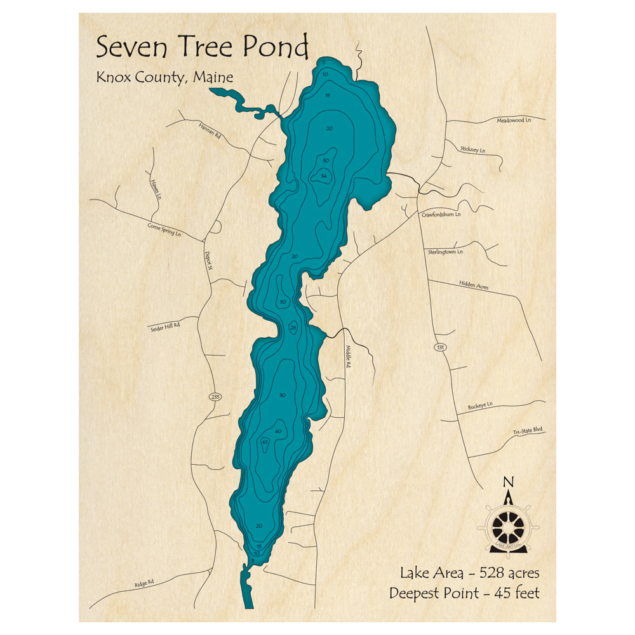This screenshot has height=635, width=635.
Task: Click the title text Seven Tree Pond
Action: (x=202, y=47)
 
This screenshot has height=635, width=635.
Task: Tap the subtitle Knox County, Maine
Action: (x=164, y=77)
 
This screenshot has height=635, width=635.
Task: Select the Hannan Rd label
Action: (x=208, y=131)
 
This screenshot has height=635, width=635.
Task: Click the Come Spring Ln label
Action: (x=164, y=230)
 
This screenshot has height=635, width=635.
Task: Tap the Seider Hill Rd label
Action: (x=165, y=326)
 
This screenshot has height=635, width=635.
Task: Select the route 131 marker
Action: (x=440, y=347)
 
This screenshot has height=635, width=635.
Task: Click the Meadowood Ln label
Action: (x=513, y=119)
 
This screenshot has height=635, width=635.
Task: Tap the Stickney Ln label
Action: (x=472, y=150)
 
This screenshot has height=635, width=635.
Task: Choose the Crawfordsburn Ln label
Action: (x=441, y=215)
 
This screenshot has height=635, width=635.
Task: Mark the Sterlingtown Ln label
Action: (x=445, y=251)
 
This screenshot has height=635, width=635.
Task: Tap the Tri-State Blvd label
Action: (x=528, y=431)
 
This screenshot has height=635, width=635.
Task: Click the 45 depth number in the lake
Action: (x=265, y=441)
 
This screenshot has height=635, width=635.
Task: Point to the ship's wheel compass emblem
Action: (x=508, y=525)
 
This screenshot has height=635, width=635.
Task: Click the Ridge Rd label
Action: (x=144, y=582)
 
